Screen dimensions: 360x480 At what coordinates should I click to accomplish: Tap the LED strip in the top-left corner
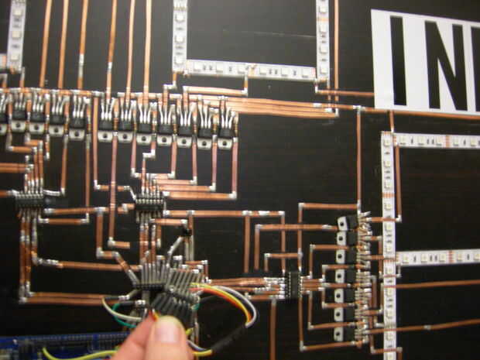[x=15, y=31]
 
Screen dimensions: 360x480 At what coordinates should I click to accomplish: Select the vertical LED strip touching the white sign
[x=323, y=39]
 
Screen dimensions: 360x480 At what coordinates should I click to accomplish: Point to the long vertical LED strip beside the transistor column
[x=388, y=248]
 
